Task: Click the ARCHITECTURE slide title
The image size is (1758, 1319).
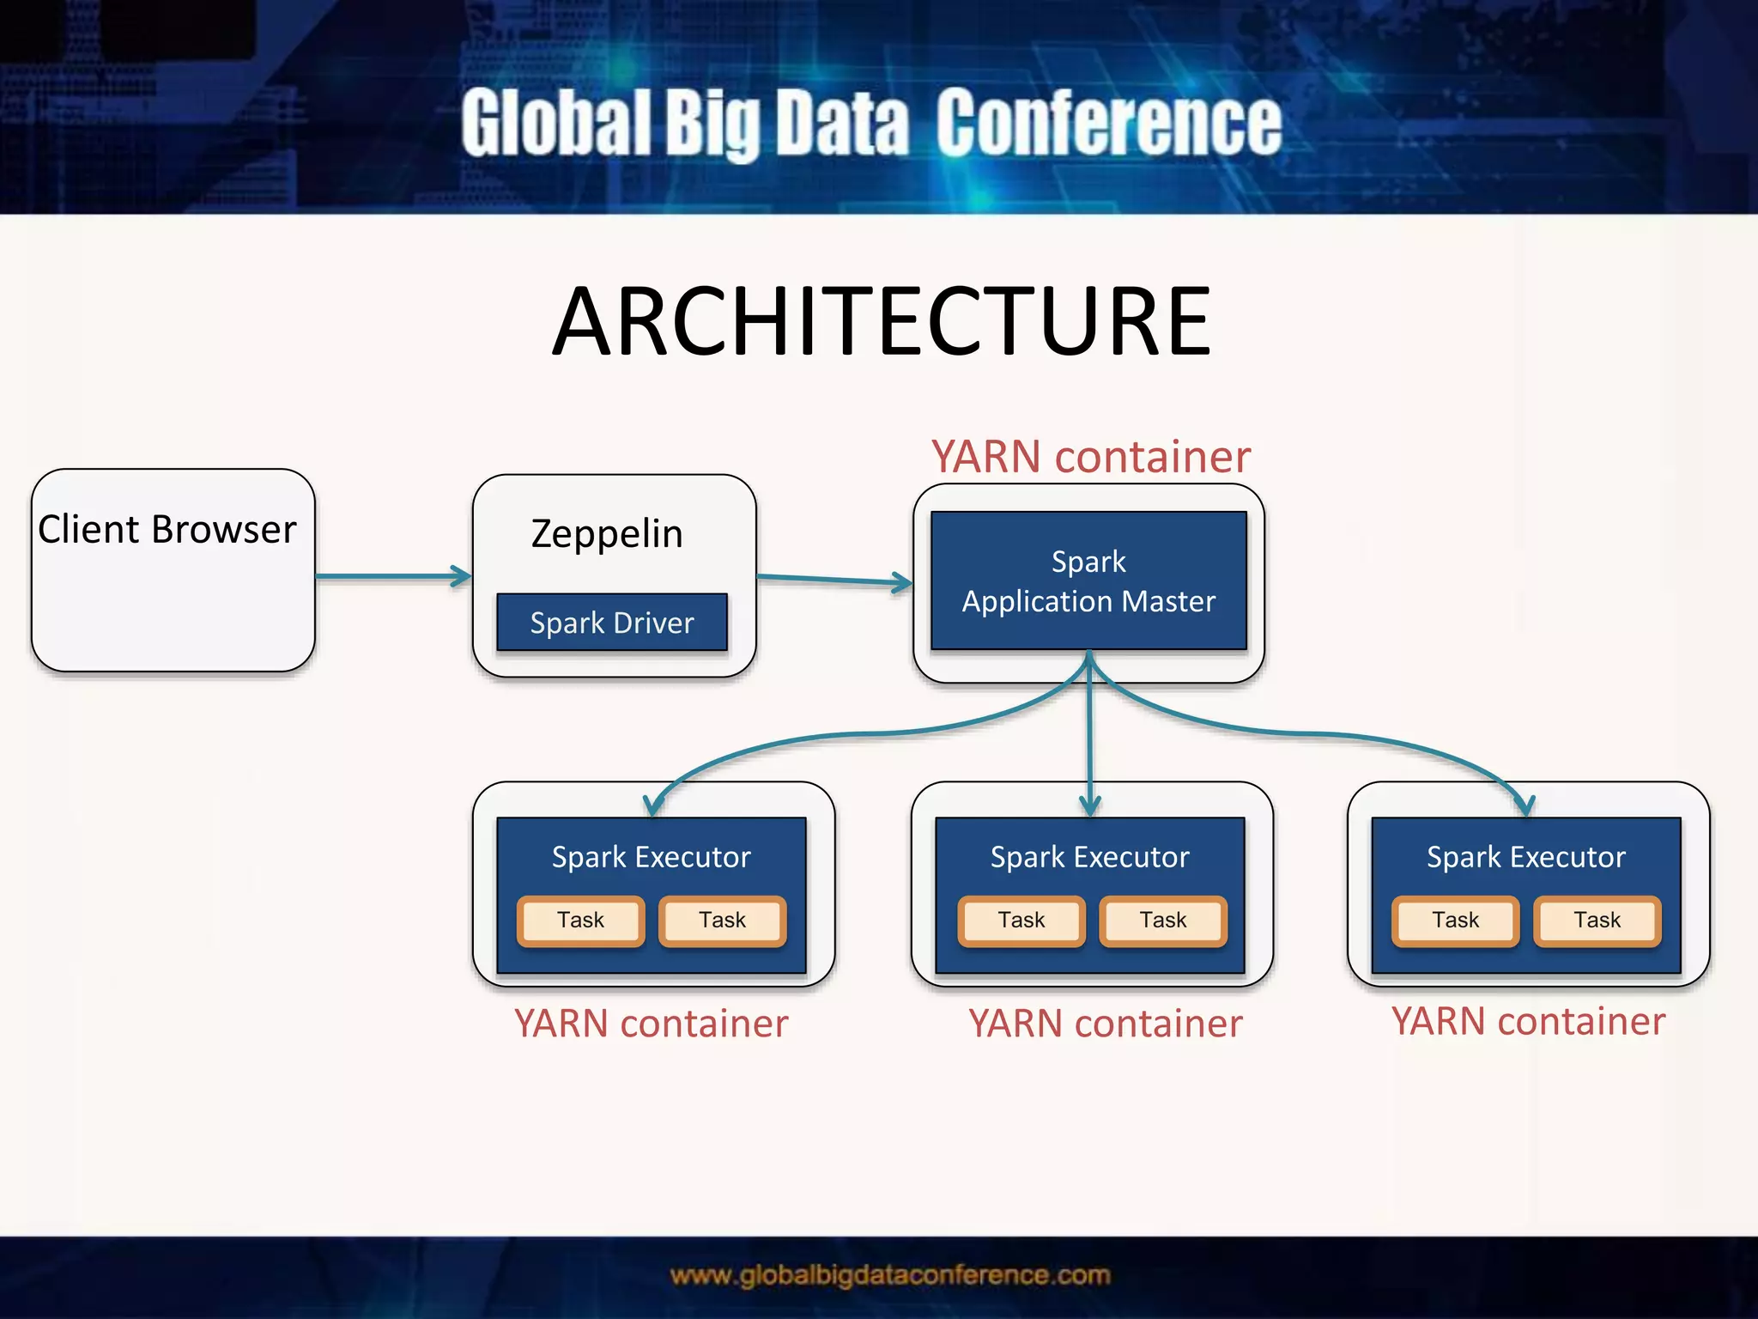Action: click(x=882, y=322)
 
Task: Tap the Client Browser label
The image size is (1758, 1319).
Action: click(x=167, y=530)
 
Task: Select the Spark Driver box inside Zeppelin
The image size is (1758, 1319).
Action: click(x=612, y=623)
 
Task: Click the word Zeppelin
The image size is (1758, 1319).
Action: click(x=607, y=534)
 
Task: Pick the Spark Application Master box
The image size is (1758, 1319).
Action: click(x=1088, y=581)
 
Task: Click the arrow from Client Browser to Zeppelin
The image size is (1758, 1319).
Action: click(x=393, y=576)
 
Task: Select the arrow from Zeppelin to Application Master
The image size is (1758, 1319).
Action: click(x=834, y=580)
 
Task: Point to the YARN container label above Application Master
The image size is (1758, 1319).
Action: click(x=1091, y=457)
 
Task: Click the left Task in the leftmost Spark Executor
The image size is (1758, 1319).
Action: click(x=581, y=921)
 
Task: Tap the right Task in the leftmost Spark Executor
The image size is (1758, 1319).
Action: click(x=722, y=921)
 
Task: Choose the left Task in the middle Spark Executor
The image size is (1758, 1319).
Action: click(x=1021, y=921)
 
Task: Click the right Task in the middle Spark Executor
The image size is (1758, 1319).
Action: click(x=1163, y=921)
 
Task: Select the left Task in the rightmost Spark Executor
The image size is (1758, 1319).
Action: click(x=1456, y=921)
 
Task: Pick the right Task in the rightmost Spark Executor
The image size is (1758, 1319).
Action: click(x=1597, y=921)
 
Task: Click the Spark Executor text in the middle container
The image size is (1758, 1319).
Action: click(x=1090, y=857)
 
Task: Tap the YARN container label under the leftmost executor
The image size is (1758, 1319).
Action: click(x=652, y=1024)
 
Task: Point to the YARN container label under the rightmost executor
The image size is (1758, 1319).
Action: click(x=1529, y=1022)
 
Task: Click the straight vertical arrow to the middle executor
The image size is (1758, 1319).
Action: click(x=1090, y=739)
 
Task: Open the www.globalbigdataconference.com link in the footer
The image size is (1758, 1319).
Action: click(x=890, y=1276)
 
